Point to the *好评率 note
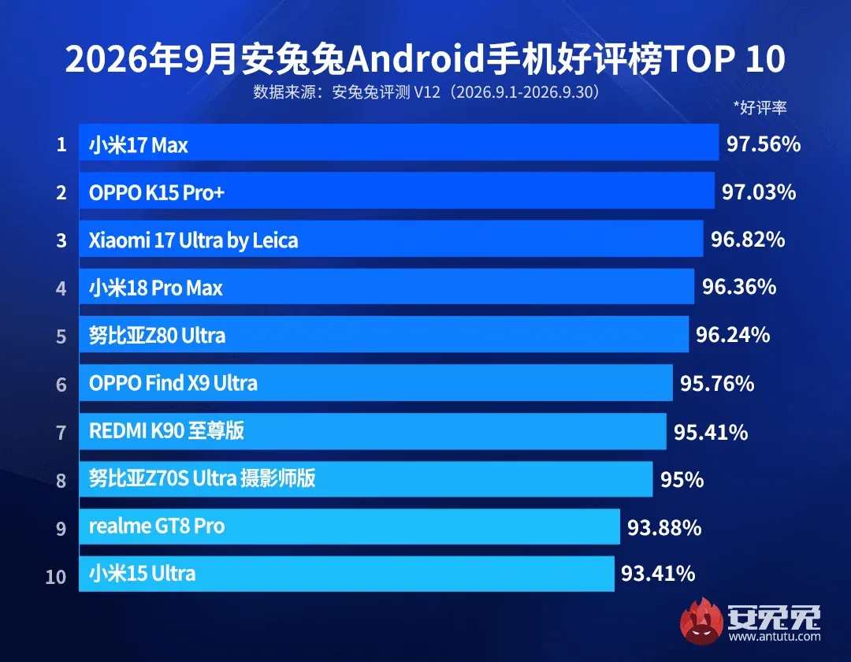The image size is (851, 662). pos(760,107)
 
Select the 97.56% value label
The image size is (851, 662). pos(764,144)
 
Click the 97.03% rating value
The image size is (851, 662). pos(759,192)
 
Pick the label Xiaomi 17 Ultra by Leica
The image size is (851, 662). pos(193,240)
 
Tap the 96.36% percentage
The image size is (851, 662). pos(739,287)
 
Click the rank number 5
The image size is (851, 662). pos(61,337)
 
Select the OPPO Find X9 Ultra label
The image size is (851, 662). pos(173,383)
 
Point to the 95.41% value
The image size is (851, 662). pos(711,433)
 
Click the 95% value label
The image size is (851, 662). pos(682,480)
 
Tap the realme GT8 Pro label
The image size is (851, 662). pos(157,526)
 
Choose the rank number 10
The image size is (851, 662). pos(56,576)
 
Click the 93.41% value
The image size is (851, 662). pos(658,574)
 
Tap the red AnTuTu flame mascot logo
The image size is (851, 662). pos(702,621)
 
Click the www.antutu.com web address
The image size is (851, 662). pos(775,637)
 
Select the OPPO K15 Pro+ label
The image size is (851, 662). pos(157,192)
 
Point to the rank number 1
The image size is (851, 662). pos(61,144)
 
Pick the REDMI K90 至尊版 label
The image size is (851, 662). pos(166,431)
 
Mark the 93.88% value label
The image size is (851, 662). pos(664,527)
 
